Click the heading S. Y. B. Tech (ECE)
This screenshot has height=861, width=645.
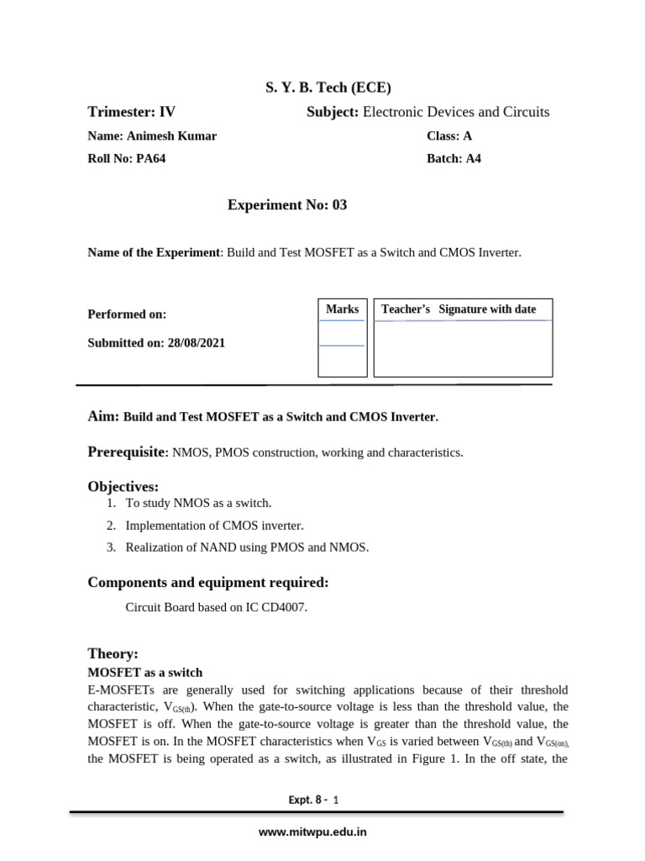323,87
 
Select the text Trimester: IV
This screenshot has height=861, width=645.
132,112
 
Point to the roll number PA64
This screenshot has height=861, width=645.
150,159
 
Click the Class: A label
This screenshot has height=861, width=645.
449,136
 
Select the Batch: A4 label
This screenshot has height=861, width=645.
454,159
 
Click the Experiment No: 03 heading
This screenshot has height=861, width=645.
287,205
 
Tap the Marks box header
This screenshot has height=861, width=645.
342,309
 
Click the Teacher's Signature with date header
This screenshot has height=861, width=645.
459,309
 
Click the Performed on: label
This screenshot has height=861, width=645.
127,314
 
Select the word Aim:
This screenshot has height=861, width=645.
103,416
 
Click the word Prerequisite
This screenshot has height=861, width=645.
127,452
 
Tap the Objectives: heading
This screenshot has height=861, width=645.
123,487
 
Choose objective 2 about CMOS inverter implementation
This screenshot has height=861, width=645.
214,526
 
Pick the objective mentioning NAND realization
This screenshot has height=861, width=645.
247,547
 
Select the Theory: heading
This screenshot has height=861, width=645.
113,653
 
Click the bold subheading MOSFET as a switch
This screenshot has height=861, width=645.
145,673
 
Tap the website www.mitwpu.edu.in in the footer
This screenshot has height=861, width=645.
312,832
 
